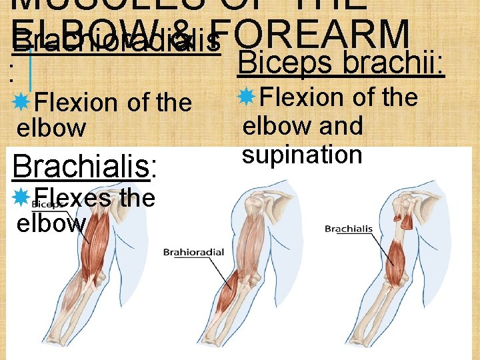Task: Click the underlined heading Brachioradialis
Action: (x=116, y=42)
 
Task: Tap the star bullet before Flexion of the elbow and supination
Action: (x=246, y=97)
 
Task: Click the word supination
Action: (x=302, y=155)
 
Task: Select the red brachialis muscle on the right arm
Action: (x=395, y=257)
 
